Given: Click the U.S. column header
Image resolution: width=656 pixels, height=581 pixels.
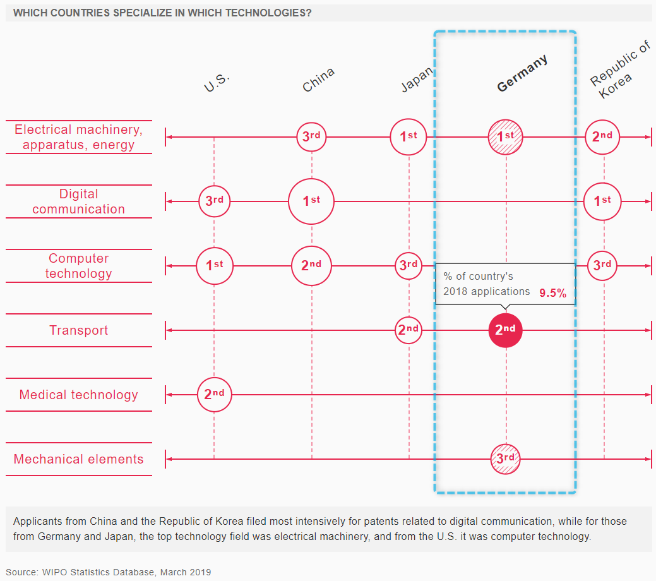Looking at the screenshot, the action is [x=217, y=83].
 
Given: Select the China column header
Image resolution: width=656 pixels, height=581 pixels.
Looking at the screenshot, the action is [x=318, y=80].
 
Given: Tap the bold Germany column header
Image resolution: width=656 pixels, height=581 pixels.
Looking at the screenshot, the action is [x=522, y=73].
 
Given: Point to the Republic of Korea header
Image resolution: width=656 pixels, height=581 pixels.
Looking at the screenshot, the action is [x=620, y=69].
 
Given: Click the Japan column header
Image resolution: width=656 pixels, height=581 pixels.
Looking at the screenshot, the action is [x=417, y=79].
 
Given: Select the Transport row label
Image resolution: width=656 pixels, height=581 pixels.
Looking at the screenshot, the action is [x=79, y=330].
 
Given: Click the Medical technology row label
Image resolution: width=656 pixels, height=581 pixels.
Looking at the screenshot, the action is [x=79, y=395].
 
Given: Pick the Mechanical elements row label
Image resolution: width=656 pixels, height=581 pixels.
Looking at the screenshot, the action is [x=79, y=459].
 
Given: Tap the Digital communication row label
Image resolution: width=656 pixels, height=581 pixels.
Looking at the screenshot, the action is [x=79, y=201].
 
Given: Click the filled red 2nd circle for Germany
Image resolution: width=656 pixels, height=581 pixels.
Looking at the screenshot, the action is [x=505, y=330].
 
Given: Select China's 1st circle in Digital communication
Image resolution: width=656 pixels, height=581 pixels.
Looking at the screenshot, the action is [x=311, y=201].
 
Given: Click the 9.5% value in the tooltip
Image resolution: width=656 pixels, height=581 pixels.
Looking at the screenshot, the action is [x=552, y=293].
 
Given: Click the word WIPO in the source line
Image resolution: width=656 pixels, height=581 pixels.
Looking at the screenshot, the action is [x=55, y=572].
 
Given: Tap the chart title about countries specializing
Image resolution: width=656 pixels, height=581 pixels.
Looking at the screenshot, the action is [x=162, y=13].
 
